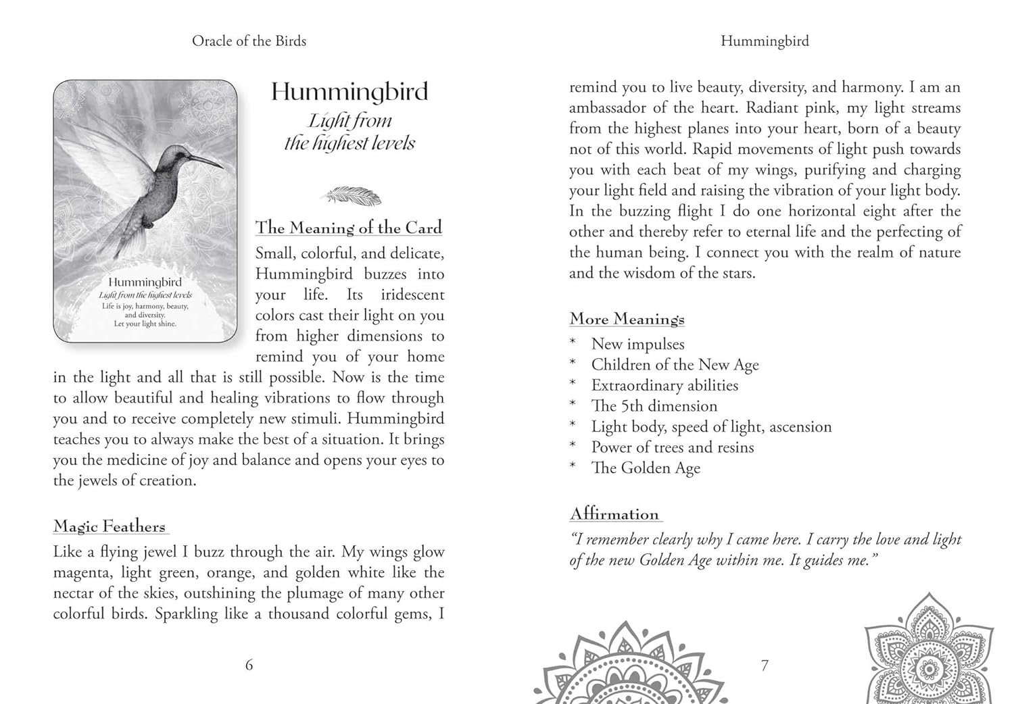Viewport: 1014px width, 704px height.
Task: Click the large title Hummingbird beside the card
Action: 349,92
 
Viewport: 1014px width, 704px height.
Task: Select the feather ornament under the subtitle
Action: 350,196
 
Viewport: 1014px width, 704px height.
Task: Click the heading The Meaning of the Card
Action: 349,228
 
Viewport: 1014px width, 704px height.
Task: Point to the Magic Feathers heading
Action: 110,526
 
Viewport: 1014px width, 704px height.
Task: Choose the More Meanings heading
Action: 627,319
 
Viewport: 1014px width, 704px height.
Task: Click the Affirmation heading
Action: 614,514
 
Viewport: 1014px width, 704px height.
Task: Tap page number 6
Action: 249,665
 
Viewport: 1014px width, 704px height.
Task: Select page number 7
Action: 765,665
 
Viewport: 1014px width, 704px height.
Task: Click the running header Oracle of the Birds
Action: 249,41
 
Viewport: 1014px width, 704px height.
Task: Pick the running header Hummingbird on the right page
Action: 765,41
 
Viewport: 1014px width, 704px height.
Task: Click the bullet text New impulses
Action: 637,345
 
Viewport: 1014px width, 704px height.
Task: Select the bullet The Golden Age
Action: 646,468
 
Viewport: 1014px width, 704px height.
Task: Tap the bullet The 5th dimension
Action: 654,406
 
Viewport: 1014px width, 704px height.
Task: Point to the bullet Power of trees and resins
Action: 672,447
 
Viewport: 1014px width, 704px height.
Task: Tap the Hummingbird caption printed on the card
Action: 145,282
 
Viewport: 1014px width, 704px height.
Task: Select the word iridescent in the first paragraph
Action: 412,295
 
